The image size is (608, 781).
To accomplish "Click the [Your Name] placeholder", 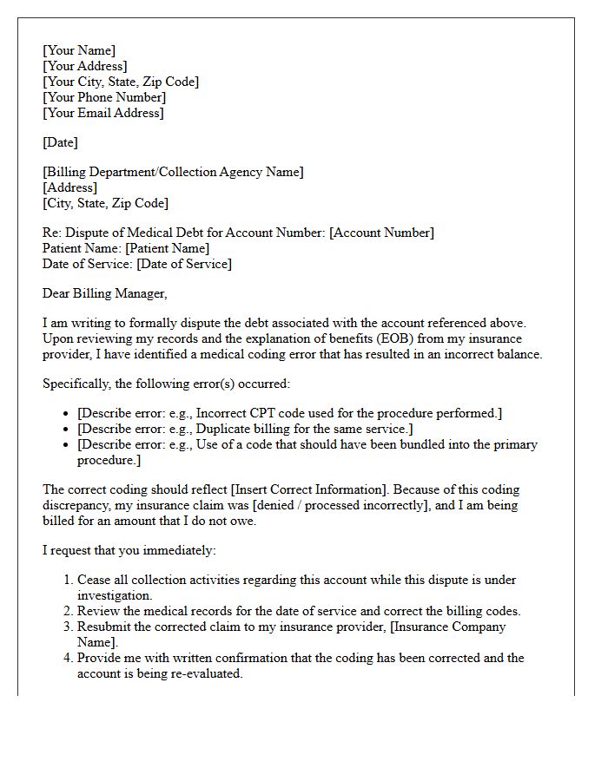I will click(79, 50).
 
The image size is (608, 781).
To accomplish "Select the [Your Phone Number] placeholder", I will click(103, 97).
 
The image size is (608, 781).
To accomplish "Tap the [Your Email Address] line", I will click(102, 113).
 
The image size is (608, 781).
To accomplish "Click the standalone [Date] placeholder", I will click(60, 142).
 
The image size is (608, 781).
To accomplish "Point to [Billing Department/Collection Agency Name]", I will click(173, 172).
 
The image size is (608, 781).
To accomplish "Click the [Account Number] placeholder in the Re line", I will click(381, 233).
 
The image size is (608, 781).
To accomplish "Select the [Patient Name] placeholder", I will click(168, 248).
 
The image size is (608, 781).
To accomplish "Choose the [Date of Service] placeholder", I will click(184, 264).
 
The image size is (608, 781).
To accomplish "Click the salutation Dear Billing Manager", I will click(104, 293).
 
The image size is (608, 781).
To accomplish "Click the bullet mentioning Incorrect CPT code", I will click(289, 413).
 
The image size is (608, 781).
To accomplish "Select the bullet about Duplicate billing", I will click(245, 429).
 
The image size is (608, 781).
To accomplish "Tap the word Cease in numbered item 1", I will click(95, 580).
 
